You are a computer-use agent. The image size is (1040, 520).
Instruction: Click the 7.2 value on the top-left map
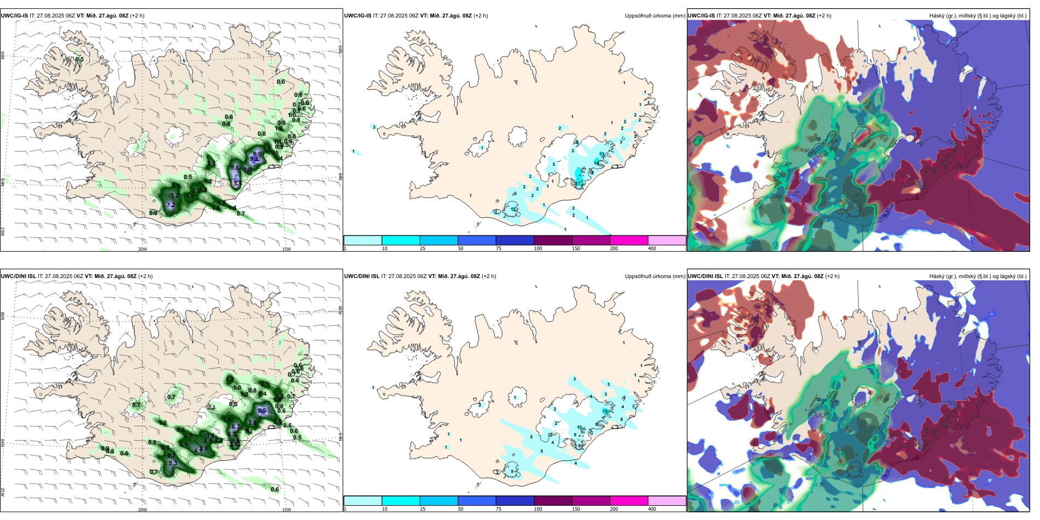click(x=170, y=205)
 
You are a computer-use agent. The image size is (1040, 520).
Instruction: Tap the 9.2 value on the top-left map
click(x=253, y=159)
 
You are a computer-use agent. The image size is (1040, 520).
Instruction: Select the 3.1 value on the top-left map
click(x=211, y=164)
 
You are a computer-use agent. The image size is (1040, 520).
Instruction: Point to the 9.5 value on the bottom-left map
click(x=262, y=411)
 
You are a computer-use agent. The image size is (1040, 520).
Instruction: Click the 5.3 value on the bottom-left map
click(x=173, y=464)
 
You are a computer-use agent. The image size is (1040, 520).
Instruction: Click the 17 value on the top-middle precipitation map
click(x=577, y=184)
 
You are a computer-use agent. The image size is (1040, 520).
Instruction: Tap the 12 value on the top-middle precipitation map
click(x=513, y=209)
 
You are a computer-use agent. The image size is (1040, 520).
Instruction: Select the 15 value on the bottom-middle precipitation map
click(x=605, y=411)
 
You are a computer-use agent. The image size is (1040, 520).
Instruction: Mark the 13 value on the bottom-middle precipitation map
click(x=580, y=427)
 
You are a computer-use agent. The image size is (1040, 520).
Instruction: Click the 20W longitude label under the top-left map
click(x=142, y=249)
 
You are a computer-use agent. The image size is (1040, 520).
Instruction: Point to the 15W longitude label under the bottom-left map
click(x=286, y=510)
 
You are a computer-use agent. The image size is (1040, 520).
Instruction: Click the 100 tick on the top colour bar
click(x=538, y=249)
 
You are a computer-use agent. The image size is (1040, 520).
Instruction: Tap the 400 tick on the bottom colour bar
click(x=652, y=509)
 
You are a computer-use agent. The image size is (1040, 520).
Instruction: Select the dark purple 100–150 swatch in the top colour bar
click(x=552, y=240)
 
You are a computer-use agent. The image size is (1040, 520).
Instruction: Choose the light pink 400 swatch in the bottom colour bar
click(x=667, y=501)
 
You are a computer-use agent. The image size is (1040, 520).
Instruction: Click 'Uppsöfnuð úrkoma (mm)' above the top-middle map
click(x=655, y=16)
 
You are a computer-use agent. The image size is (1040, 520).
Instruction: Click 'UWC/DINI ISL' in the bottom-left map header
click(x=18, y=276)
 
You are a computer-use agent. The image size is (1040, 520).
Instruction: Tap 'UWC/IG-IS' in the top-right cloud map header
click(x=701, y=16)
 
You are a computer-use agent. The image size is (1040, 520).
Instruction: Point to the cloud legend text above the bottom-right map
click(x=978, y=276)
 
